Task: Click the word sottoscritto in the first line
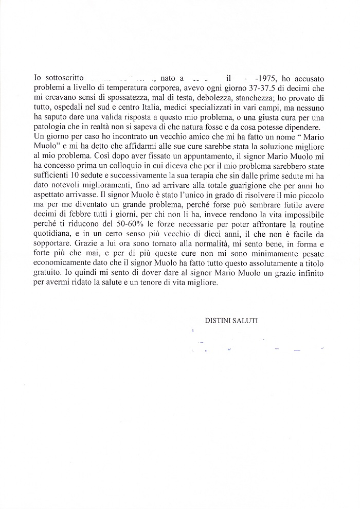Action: coord(61,78)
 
